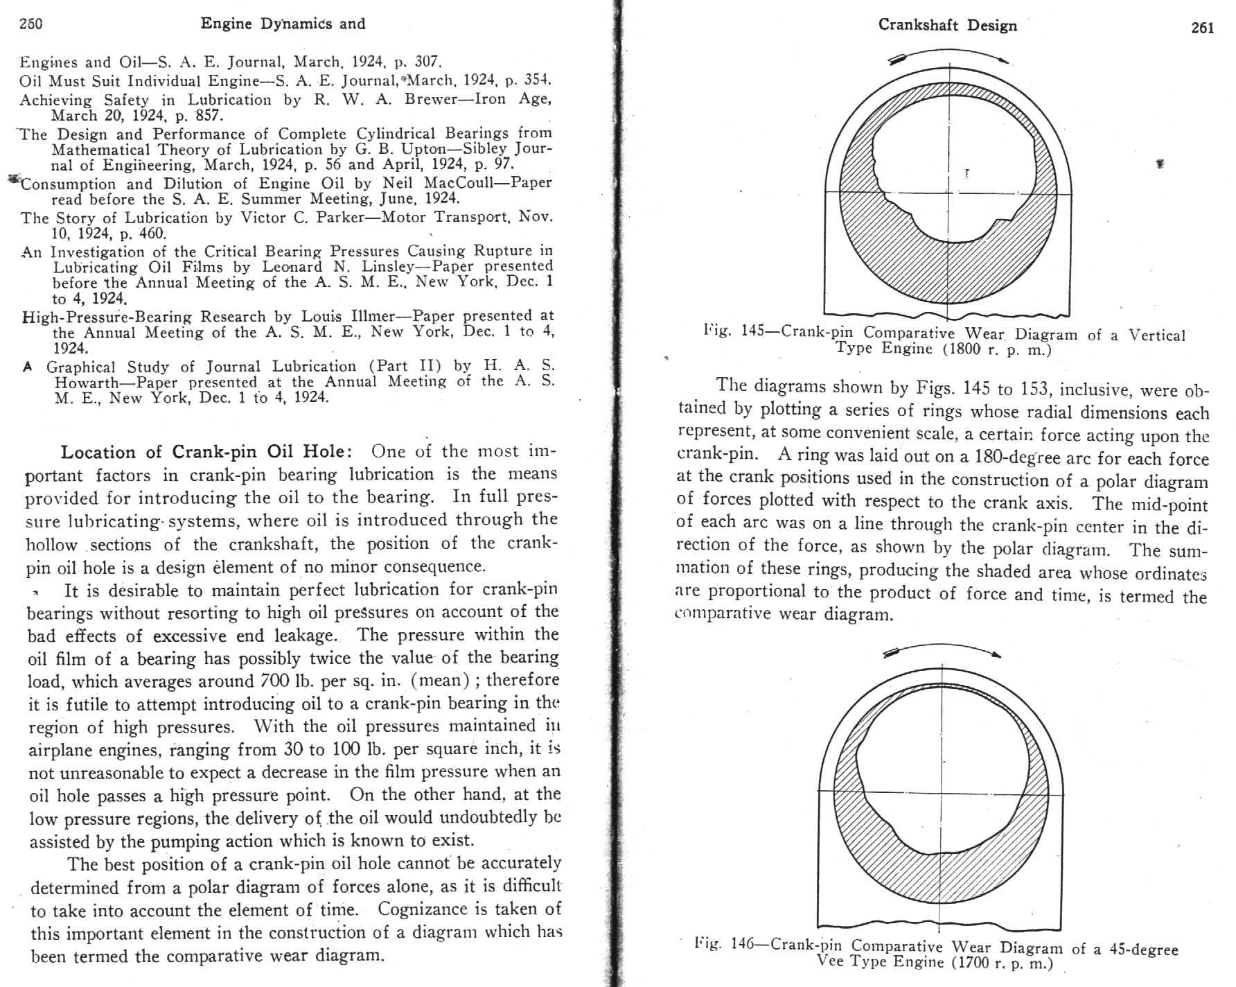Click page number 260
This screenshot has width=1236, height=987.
(x=31, y=23)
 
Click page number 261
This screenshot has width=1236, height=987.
(x=1202, y=28)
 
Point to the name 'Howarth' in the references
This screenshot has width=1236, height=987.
(x=85, y=383)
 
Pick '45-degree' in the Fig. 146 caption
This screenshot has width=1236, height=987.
(x=1143, y=949)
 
